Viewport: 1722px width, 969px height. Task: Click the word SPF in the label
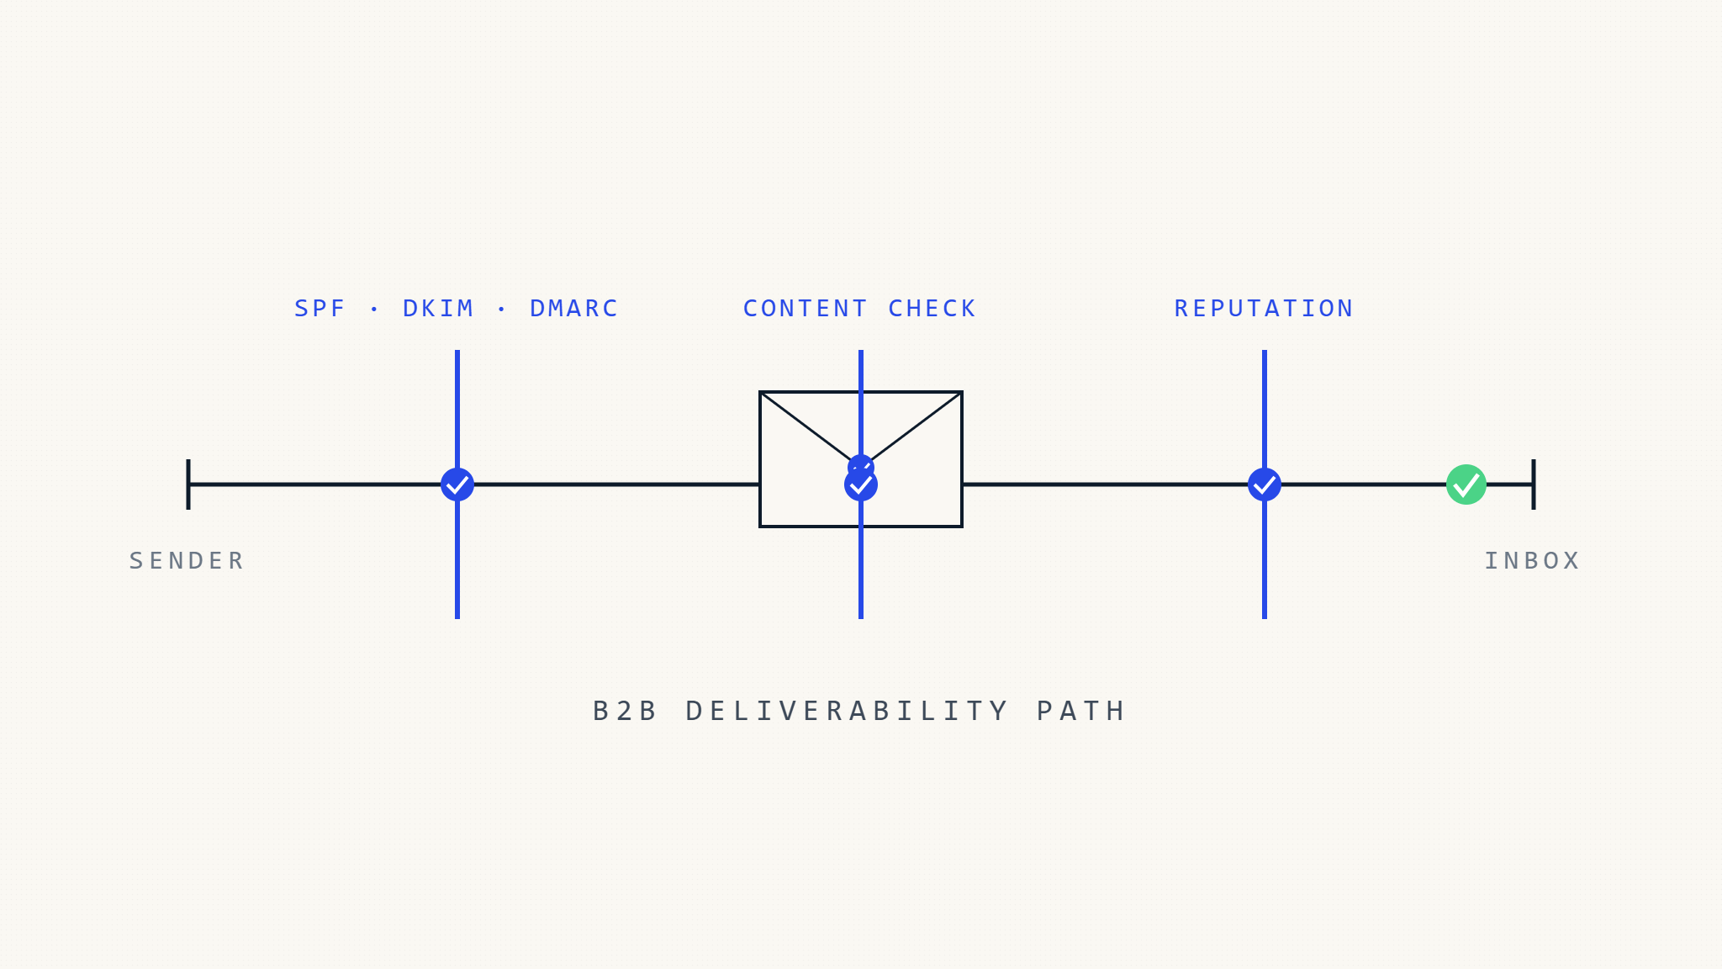(x=320, y=309)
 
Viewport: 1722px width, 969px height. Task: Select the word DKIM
(x=438, y=309)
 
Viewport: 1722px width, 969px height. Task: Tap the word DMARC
(x=574, y=309)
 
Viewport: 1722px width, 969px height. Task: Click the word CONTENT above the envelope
(x=806, y=309)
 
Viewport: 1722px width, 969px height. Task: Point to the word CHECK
(x=932, y=309)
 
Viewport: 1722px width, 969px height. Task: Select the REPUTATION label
(x=1264, y=309)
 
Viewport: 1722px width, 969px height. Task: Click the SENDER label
(x=187, y=561)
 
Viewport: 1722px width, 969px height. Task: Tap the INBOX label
(x=1532, y=561)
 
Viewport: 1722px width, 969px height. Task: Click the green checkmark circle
(x=1466, y=484)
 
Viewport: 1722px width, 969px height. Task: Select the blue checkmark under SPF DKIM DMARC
(x=457, y=484)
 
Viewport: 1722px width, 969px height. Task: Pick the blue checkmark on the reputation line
(x=1265, y=484)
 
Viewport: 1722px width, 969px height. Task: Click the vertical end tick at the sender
(x=188, y=484)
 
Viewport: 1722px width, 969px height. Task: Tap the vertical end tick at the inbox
(x=1534, y=484)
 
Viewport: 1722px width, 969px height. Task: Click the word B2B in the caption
(x=626, y=712)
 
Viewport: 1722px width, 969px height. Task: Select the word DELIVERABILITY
(x=848, y=712)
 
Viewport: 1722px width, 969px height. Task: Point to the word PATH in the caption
(x=1081, y=712)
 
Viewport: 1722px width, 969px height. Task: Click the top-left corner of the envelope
(x=761, y=393)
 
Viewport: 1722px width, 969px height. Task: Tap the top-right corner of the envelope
(x=961, y=393)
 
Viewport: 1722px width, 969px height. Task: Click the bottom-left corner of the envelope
(x=761, y=526)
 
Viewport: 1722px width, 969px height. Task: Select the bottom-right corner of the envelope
(x=961, y=526)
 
